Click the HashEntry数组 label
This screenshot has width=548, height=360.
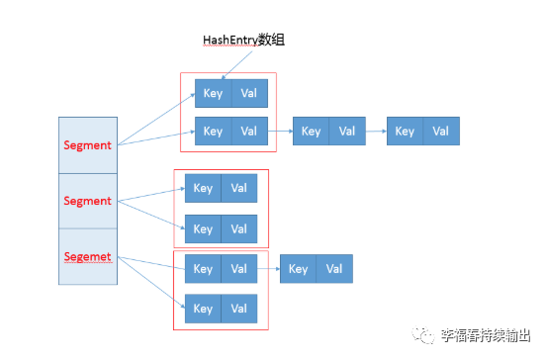point(243,41)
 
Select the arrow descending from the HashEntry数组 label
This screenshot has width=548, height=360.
point(237,65)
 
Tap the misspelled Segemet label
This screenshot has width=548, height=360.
point(88,257)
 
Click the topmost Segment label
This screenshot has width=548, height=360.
point(87,145)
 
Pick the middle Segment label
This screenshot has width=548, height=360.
point(87,201)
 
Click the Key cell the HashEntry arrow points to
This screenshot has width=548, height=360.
point(214,93)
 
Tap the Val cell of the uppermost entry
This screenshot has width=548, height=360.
point(249,93)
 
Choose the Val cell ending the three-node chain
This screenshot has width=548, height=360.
point(441,132)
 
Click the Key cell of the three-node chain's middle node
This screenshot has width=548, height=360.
point(311,132)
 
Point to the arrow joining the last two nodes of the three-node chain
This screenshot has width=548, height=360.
point(376,132)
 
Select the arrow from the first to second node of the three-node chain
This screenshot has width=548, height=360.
point(280,132)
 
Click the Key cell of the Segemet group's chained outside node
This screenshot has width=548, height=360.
point(298,269)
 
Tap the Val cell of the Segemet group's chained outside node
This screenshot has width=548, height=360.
point(334,269)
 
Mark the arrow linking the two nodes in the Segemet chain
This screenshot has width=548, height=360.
point(269,269)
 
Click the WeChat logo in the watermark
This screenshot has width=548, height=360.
point(423,335)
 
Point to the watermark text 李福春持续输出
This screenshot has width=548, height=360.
point(486,335)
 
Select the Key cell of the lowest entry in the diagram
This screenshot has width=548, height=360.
point(203,309)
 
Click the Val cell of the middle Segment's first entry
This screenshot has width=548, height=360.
point(239,188)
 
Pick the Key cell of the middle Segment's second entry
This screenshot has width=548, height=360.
point(203,228)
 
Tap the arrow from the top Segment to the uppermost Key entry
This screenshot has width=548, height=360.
point(156,120)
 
